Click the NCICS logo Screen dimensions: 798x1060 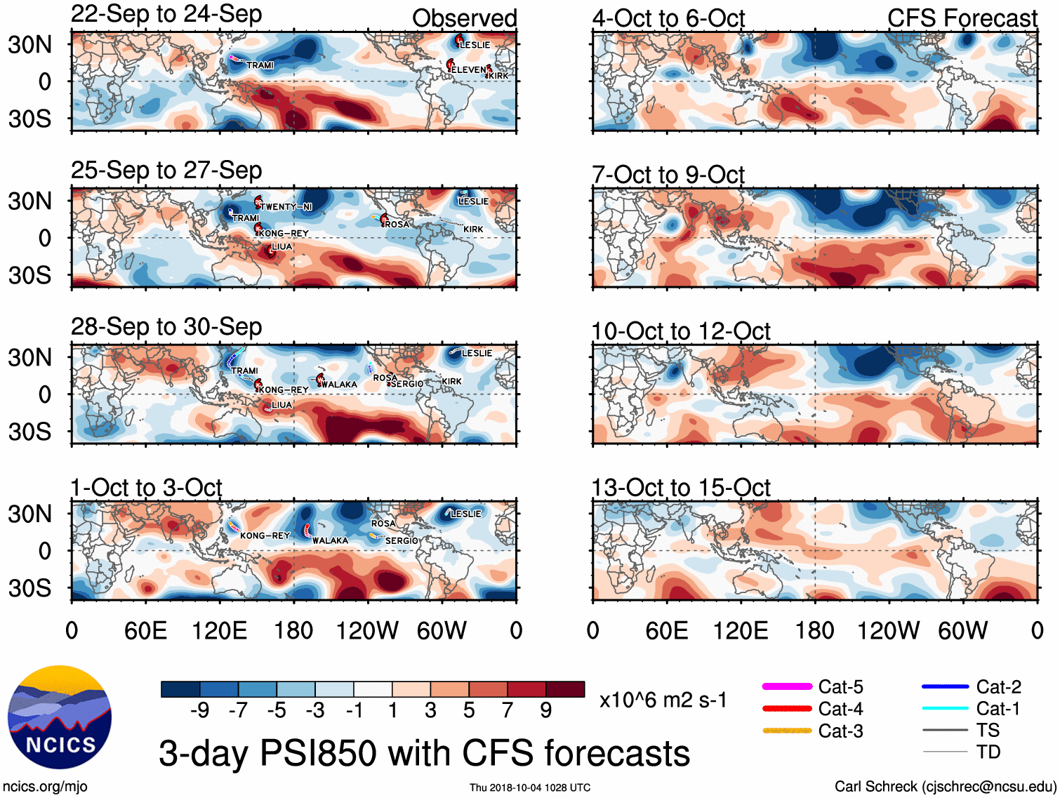pos(60,717)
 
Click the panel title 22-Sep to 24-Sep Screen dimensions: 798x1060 pos(166,14)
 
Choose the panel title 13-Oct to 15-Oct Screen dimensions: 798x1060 pos(681,487)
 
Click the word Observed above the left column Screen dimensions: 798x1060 pos(464,18)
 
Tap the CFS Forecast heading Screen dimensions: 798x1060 pos(962,18)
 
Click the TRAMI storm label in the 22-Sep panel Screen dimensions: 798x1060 pos(260,65)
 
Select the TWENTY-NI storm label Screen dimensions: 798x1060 pos(286,207)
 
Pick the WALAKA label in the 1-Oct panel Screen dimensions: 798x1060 pos(330,540)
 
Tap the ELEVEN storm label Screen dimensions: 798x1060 pos(468,69)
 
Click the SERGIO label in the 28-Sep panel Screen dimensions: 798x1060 pos(406,384)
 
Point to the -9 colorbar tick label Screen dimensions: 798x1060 pos(200,711)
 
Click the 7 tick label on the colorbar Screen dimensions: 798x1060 pos(508,711)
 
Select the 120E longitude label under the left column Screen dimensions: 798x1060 pos(219,630)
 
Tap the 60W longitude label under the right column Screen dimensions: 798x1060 pos(962,630)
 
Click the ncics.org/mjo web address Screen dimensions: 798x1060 pos(45,787)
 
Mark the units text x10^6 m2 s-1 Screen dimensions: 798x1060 pos(663,700)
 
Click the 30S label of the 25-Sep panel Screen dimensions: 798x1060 pos(29,275)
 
